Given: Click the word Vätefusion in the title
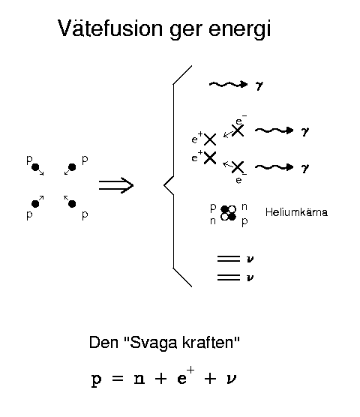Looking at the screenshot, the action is (x=109, y=28).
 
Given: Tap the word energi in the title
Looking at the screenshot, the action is (x=239, y=30).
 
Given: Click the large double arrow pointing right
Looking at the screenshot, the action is (x=116, y=185).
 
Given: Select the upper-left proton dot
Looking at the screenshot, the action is (x=35, y=167).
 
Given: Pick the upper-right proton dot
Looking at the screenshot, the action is (x=72, y=167).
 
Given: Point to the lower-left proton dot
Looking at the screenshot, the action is (x=35, y=204).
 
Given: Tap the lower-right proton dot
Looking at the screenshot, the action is (x=72, y=204).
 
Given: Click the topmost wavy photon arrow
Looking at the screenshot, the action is (x=229, y=85).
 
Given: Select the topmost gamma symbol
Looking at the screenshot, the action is (x=259, y=85).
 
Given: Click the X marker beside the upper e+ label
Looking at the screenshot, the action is (x=210, y=139).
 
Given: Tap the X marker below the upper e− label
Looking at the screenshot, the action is (x=238, y=130).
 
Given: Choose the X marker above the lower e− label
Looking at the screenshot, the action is (x=238, y=167).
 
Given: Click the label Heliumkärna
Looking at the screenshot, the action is (x=296, y=212).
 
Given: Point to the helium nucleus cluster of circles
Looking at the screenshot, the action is (x=229, y=213).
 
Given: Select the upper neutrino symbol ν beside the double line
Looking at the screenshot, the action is (x=250, y=259).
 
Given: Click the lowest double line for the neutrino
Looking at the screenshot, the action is (x=229, y=277).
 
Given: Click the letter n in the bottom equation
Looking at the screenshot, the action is (x=139, y=379).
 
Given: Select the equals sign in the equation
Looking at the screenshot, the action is (x=118, y=379).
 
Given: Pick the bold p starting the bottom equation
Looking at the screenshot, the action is (x=96, y=380).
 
